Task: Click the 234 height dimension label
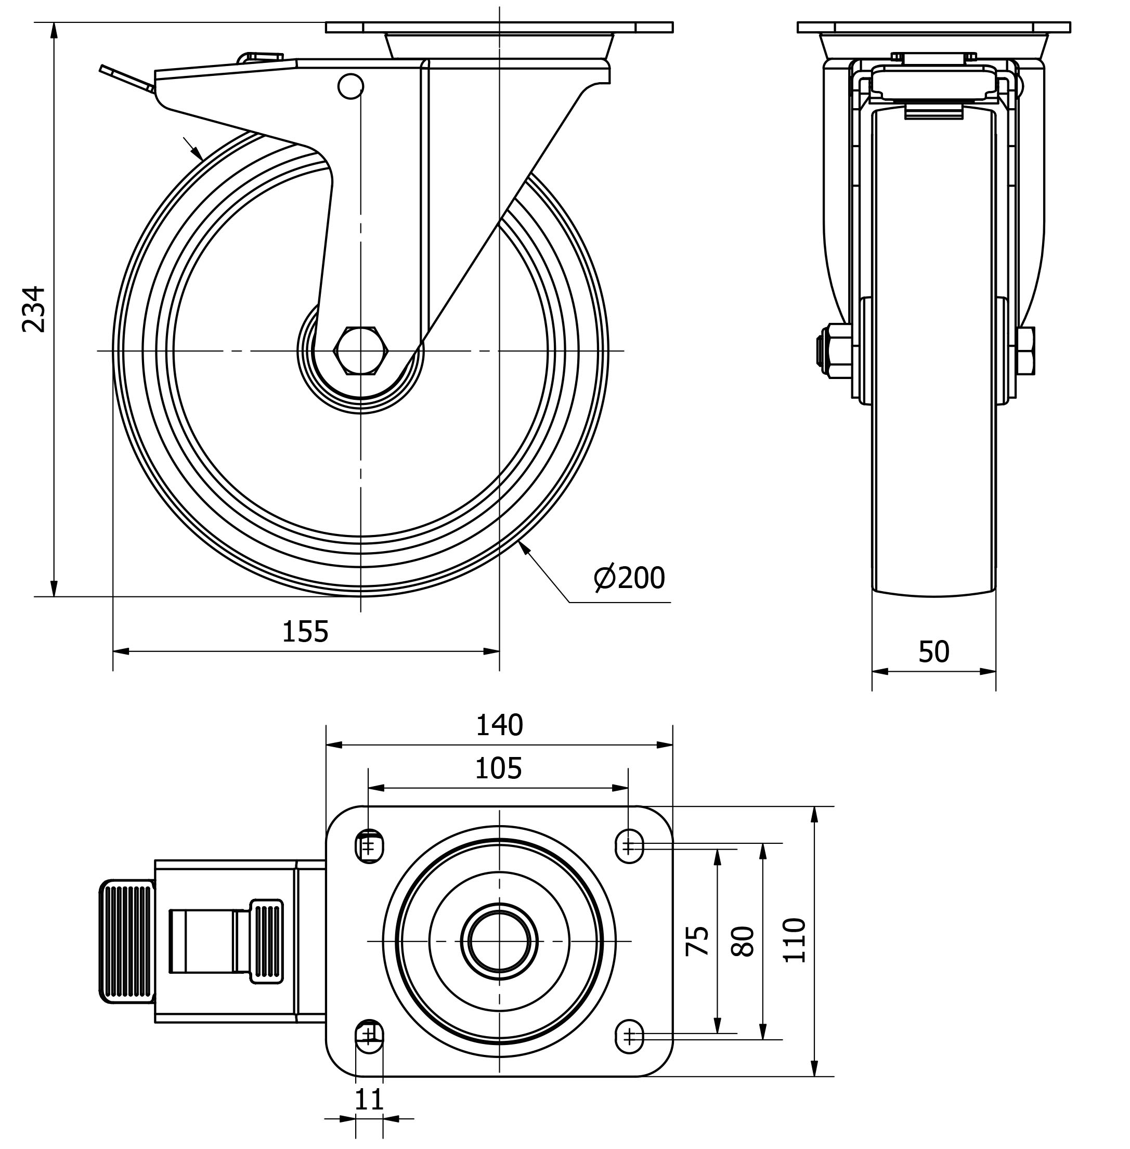pos(34,309)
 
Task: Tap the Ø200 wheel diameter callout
pos(629,578)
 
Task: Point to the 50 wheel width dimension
pos(933,651)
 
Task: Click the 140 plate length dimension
pos(499,725)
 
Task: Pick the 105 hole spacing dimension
pos(498,768)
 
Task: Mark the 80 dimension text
pos(743,941)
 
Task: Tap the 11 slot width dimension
pos(369,1099)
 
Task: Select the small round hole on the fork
pos(350,87)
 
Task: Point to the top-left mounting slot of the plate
pos(369,846)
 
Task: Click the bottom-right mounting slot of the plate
pos(629,1036)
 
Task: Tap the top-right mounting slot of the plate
pos(629,846)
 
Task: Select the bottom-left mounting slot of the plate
pos(369,1036)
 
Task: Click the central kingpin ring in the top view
pos(499,941)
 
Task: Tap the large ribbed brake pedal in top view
pos(126,941)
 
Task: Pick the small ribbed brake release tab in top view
pos(266,941)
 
